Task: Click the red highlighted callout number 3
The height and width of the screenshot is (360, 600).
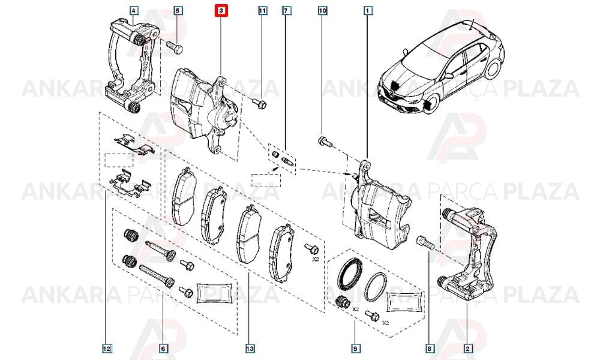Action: pos(221,11)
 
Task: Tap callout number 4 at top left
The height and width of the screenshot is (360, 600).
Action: pos(133,11)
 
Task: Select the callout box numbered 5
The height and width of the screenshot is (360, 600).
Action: pos(177,11)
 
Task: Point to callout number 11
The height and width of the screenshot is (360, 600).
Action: pos(262,11)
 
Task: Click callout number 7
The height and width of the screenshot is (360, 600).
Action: pos(286,11)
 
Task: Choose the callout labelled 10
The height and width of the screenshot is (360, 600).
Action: pos(323,11)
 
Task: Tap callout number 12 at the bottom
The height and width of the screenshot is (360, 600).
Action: pos(106,349)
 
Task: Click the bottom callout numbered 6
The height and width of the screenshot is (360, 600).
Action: pos(163,349)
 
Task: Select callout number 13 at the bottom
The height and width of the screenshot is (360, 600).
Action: pos(250,349)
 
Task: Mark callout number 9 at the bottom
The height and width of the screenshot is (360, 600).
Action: pos(355,349)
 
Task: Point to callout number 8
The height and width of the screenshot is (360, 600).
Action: pos(429,349)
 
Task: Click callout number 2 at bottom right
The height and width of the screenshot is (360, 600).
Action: pos(467,349)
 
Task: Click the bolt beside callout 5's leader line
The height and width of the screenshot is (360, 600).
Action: pos(175,47)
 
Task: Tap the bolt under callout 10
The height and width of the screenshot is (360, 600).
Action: pos(325,142)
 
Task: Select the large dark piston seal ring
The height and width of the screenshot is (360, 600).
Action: pos(350,274)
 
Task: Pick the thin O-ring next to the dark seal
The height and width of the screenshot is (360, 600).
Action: pos(376,287)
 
